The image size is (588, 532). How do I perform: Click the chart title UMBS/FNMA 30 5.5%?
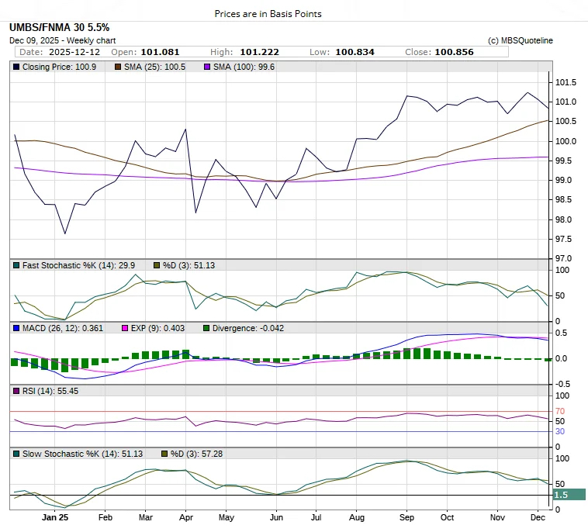click(60, 28)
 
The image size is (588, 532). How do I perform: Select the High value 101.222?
click(260, 52)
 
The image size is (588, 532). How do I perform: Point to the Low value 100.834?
click(354, 52)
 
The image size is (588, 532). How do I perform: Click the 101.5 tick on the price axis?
click(565, 83)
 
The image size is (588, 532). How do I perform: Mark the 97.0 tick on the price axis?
click(565, 258)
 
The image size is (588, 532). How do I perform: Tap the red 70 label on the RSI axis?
click(560, 411)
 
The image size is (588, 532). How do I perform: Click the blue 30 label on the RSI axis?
click(560, 431)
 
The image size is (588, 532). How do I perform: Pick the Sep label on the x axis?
click(407, 516)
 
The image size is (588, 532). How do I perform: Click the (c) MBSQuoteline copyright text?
click(521, 40)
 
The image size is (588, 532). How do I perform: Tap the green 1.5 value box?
click(569, 495)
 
